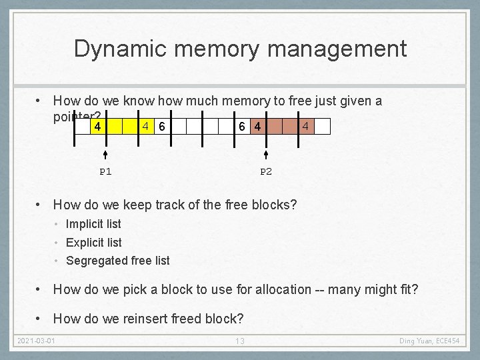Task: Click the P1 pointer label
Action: [105, 171]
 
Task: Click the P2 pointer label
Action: [266, 171]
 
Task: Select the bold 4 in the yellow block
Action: [97, 126]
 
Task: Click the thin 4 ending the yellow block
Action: [147, 125]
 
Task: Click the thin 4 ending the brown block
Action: [305, 125]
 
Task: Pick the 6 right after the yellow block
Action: [162, 126]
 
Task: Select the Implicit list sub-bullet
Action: [93, 224]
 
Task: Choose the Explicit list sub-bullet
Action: [94, 243]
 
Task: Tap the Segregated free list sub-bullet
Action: [118, 261]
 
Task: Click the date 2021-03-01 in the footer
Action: [35, 341]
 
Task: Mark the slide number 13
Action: [240, 341]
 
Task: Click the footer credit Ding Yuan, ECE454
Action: [429, 341]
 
